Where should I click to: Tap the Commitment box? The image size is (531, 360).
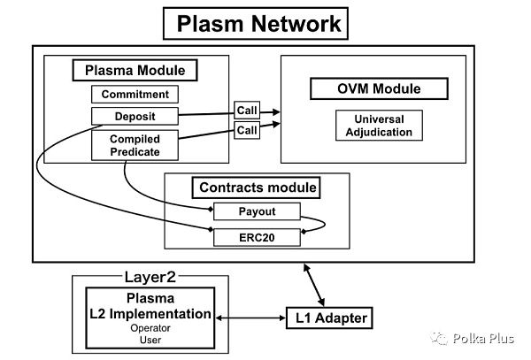tap(135, 94)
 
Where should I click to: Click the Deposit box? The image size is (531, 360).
tap(135, 115)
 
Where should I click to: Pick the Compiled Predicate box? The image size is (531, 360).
tap(135, 145)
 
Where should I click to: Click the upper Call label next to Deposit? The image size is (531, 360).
tap(247, 111)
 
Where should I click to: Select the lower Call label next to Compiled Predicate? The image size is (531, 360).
tap(247, 130)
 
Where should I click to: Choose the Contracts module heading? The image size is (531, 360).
tap(257, 188)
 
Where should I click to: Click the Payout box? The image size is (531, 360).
tap(257, 212)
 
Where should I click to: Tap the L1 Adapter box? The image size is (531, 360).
tap(327, 317)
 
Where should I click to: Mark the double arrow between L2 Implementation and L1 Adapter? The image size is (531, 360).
tap(249, 316)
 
